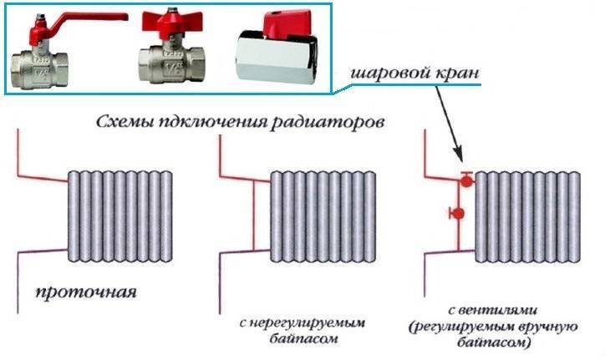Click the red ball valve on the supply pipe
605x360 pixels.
[465, 179]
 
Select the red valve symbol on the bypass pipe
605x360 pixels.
[456, 214]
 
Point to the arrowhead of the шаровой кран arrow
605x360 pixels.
[460, 159]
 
